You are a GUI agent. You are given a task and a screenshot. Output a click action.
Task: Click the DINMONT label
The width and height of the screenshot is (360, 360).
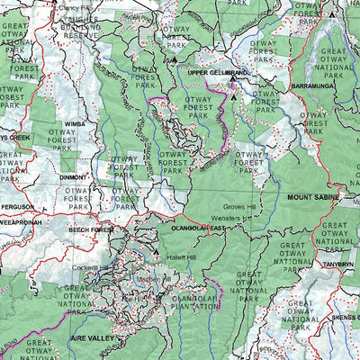(72, 178)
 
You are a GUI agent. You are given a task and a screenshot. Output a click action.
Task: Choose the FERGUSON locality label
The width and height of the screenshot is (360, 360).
(18, 206)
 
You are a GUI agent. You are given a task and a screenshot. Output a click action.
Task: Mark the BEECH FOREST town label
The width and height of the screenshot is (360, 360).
(92, 230)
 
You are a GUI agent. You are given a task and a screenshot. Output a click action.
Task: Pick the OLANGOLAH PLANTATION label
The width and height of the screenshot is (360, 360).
(186, 301)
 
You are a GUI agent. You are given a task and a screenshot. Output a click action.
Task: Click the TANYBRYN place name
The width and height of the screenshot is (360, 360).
(339, 265)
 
